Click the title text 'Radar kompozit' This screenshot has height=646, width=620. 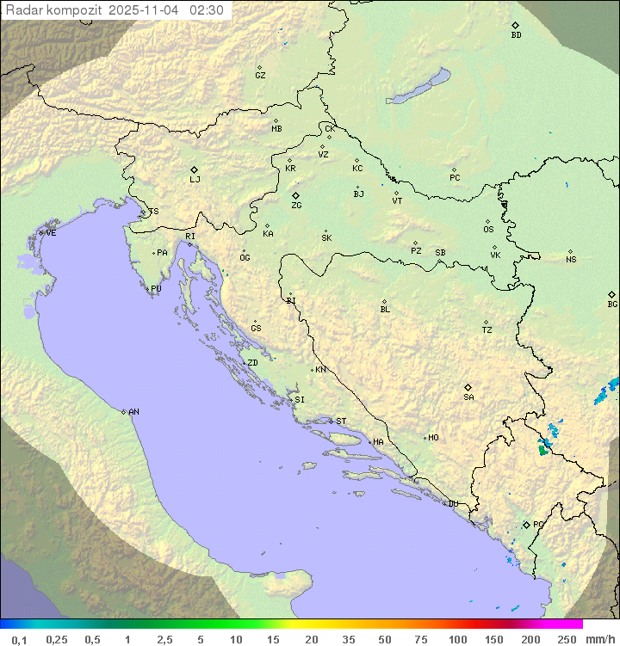[53, 10]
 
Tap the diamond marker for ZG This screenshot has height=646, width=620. [296, 196]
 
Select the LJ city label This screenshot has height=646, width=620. [195, 180]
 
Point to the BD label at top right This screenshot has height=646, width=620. [516, 35]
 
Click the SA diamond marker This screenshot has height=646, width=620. [468, 387]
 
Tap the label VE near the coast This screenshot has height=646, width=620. [51, 233]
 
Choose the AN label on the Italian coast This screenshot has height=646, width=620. [133, 412]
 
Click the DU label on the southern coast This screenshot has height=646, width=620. [453, 504]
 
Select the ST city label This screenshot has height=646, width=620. [341, 421]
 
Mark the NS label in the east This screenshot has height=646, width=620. [571, 260]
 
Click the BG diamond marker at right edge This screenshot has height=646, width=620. [611, 294]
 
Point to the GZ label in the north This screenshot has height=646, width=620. [260, 76]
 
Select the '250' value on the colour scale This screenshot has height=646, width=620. [567, 639]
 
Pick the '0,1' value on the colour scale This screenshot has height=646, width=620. [19, 639]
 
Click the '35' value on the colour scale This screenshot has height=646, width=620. [348, 639]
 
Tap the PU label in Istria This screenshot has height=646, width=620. [156, 289]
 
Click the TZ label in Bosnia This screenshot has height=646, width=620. [487, 330]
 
